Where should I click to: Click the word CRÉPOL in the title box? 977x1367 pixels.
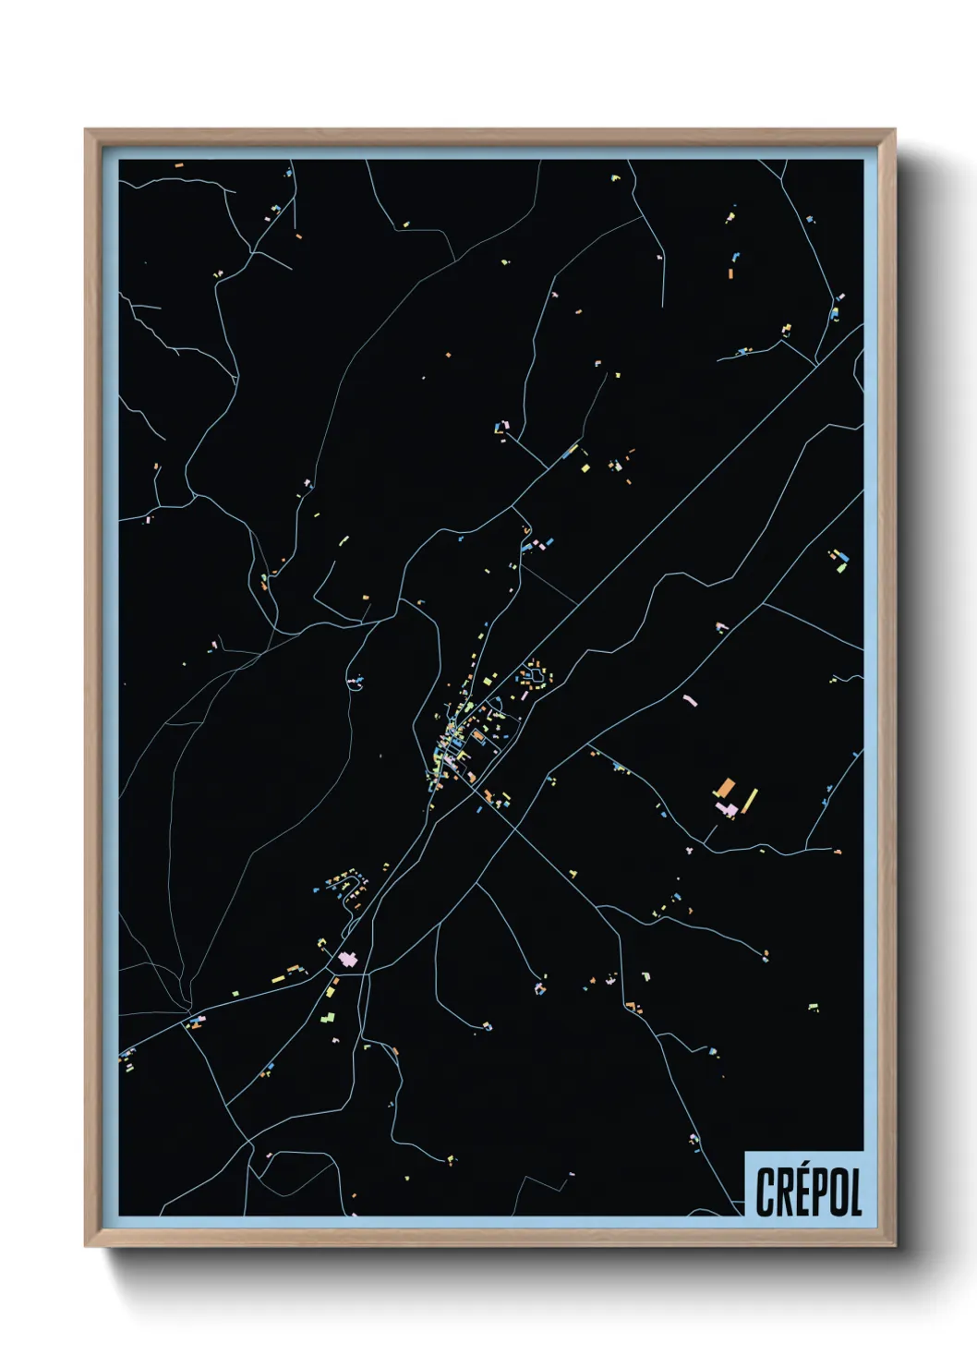point(808,1192)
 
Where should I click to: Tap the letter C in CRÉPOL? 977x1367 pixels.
point(766,1192)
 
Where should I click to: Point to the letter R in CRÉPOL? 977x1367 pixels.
point(784,1192)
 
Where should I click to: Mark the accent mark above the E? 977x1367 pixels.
point(802,1170)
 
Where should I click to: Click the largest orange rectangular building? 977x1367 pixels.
point(726,789)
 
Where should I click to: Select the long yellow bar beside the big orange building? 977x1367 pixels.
point(749,801)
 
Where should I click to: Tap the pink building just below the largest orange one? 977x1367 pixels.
point(727,810)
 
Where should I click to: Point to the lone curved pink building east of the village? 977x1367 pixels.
point(690,700)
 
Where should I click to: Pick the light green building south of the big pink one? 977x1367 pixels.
point(328,1017)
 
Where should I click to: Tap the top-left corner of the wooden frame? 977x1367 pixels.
point(87,131)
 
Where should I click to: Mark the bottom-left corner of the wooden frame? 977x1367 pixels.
point(87,1245)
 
